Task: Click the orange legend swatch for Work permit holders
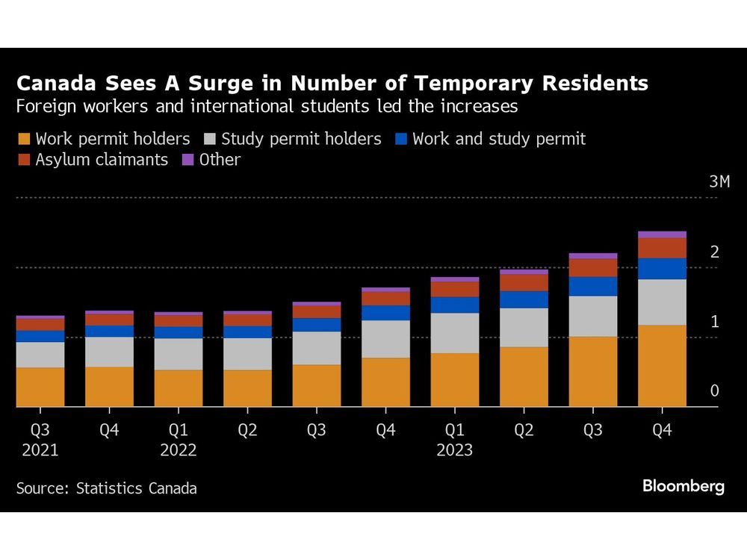pyautogui.click(x=24, y=139)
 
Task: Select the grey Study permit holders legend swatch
pyautogui.click(x=210, y=139)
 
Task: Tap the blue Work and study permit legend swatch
pyautogui.click(x=400, y=139)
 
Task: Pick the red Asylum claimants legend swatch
pyautogui.click(x=24, y=160)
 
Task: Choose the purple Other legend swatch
pyautogui.click(x=187, y=160)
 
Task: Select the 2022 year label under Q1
pyautogui.click(x=178, y=451)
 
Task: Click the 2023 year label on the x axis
pyautogui.click(x=454, y=451)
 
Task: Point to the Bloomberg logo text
pyautogui.click(x=683, y=487)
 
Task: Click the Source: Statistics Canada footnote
pyautogui.click(x=107, y=489)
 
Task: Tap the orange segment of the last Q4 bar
pyautogui.click(x=662, y=366)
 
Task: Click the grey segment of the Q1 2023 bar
pyautogui.click(x=454, y=333)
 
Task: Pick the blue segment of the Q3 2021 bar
pyautogui.click(x=40, y=336)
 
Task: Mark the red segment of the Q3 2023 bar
pyautogui.click(x=593, y=267)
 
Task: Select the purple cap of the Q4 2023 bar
pyautogui.click(x=662, y=234)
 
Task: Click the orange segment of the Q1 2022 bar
pyautogui.click(x=178, y=388)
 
